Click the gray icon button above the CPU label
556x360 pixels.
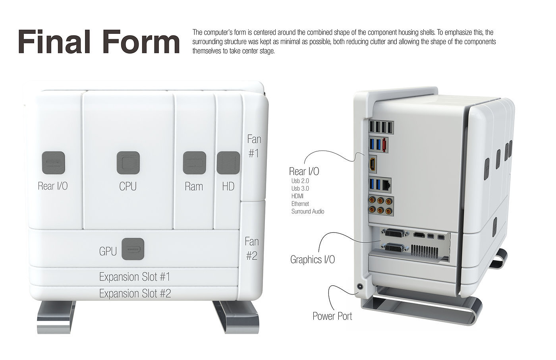click(128, 163)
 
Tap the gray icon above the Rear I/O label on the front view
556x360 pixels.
click(53, 163)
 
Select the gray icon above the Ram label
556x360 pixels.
click(194, 163)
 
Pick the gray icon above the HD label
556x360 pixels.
click(228, 163)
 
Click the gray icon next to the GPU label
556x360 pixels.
click(133, 249)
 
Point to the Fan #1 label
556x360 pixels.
click(254, 146)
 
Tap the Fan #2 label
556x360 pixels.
click(252, 248)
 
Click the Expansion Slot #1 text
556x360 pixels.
click(135, 277)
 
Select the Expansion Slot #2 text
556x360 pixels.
click(135, 294)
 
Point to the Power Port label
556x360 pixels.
click(332, 316)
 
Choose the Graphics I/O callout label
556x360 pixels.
click(312, 260)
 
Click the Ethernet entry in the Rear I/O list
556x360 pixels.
click(300, 204)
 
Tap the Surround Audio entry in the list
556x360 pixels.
click(308, 211)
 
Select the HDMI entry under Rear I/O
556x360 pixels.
click(297, 196)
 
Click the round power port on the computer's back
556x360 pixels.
click(360, 286)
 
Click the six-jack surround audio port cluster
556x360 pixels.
click(381, 205)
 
